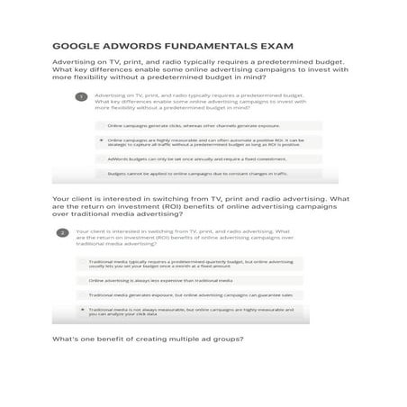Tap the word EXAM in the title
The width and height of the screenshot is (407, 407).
pyautogui.click(x=274, y=45)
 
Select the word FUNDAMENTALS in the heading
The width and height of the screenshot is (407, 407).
pyautogui.click(x=203, y=45)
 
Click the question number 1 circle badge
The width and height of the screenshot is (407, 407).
pyautogui.click(x=81, y=96)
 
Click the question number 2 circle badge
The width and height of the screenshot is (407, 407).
pyautogui.click(x=62, y=232)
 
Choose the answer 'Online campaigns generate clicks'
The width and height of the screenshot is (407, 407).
pyautogui.click(x=194, y=127)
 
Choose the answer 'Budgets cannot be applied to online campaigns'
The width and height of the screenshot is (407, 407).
pyautogui.click(x=196, y=173)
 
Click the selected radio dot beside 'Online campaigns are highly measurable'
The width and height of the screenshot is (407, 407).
pyautogui.click(x=101, y=140)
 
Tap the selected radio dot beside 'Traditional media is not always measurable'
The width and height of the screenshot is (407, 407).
pyautogui.click(x=82, y=310)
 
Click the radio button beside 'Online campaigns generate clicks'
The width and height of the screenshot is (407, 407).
pyautogui.click(x=101, y=127)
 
